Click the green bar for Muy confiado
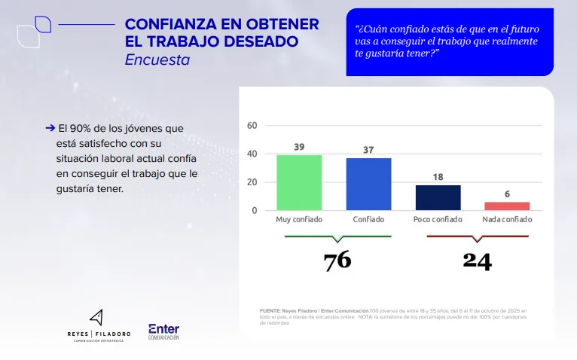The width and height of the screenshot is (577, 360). point(299,182)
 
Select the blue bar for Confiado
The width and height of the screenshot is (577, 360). point(368,184)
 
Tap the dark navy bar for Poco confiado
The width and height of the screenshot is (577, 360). point(438,197)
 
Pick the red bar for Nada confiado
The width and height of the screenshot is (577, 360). point(507,206)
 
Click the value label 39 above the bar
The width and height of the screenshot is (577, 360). point(299,148)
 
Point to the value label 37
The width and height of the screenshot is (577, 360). point(368,150)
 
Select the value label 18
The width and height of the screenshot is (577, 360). point(438,177)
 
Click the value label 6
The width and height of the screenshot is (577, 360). point(507,194)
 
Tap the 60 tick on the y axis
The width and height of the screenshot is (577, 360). point(252,126)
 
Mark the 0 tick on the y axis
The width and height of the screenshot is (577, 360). point(255,211)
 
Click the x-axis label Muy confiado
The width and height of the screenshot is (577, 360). point(299,220)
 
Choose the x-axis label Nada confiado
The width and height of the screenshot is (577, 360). point(507,220)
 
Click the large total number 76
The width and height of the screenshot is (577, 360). point(337,261)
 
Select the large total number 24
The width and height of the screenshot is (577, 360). point(477,261)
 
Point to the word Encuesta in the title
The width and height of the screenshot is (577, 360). point(157,59)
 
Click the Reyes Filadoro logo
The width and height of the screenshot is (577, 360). point(98,326)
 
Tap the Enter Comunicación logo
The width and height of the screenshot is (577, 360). point(163,331)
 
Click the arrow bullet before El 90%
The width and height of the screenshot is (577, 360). point(50,129)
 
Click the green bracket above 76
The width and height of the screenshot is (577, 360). point(337,238)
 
